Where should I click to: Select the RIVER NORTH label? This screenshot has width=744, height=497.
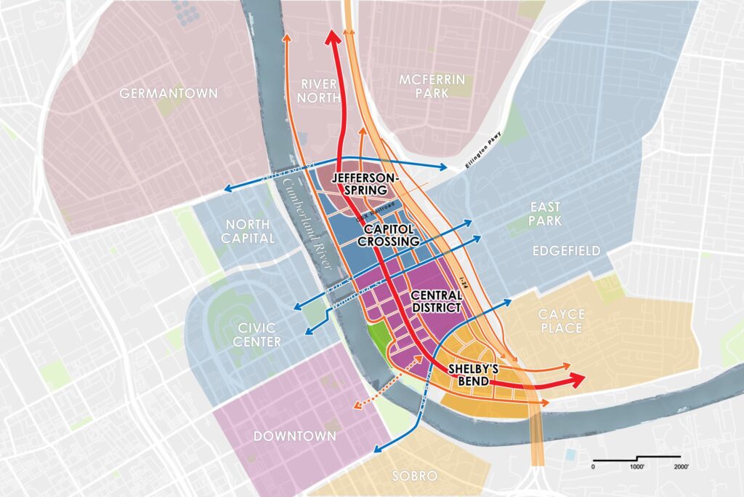click(318, 92)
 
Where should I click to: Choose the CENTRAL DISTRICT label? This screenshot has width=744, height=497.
click(436, 302)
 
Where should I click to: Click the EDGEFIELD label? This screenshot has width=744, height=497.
click(567, 251)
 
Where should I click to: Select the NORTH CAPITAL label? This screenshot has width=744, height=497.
click(249, 231)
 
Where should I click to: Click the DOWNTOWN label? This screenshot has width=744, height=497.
click(295, 436)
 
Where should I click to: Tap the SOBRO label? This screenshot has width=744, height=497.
click(414, 477)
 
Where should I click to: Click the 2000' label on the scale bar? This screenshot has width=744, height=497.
click(681, 466)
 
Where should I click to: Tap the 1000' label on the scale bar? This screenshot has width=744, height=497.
click(637, 466)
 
